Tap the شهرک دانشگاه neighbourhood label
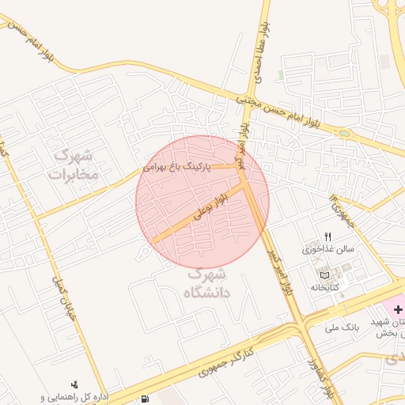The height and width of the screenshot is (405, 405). (207, 283)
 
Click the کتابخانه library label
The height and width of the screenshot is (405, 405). (324, 287)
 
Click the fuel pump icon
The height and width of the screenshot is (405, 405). (142, 397)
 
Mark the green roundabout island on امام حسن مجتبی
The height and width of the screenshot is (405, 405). (343, 133)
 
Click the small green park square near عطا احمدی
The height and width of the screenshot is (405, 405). (281, 75)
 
